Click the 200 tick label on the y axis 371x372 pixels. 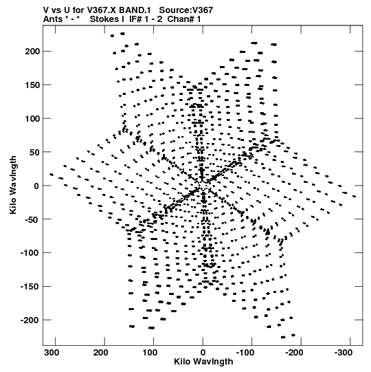coord(33,52)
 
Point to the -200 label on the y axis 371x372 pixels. coord(30,320)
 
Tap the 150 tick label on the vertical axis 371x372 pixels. coord(33,85)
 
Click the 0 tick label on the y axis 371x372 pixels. coord(36,186)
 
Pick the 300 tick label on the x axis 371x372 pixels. coord(52,353)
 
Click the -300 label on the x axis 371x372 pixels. coord(344,353)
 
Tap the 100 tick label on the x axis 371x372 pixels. coord(150,353)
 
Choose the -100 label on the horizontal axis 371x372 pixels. coord(245,353)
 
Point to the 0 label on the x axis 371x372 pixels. coord(203,353)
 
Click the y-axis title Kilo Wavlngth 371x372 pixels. coord(13,185)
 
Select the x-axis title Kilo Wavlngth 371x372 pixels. coord(203,361)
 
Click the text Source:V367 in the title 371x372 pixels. coord(186,10)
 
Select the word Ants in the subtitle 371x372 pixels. coord(53,19)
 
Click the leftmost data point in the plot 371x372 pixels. coord(52,175)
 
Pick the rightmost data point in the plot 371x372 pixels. coord(355,196)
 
